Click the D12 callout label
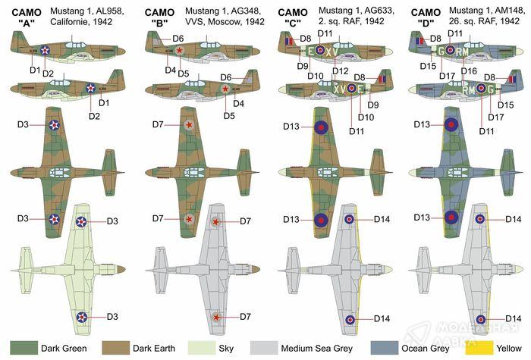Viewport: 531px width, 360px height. [x=340, y=71]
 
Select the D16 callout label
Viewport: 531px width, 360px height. [x=469, y=71]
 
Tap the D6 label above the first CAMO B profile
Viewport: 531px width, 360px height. [x=178, y=38]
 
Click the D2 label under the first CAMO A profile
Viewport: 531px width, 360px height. [x=47, y=73]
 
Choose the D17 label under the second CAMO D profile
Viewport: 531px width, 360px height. [x=495, y=117]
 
